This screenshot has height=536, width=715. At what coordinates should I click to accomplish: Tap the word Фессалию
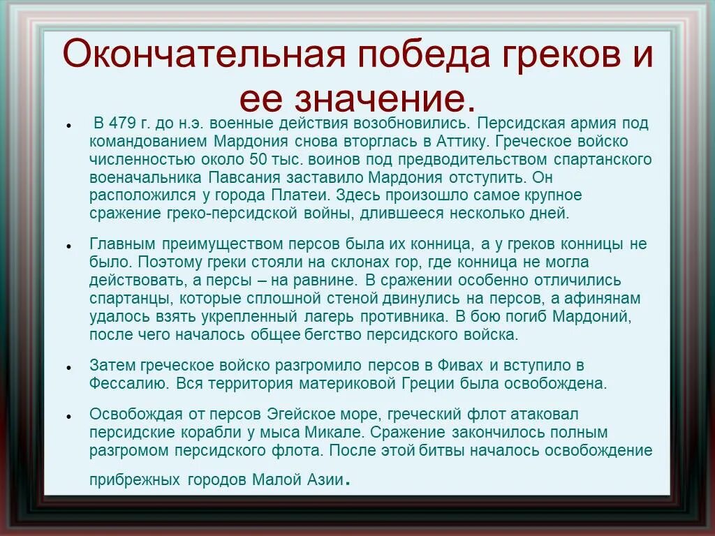(127, 383)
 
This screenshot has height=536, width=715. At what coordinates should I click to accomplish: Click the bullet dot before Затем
(68, 366)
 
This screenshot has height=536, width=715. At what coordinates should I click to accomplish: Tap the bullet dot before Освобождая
(68, 415)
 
